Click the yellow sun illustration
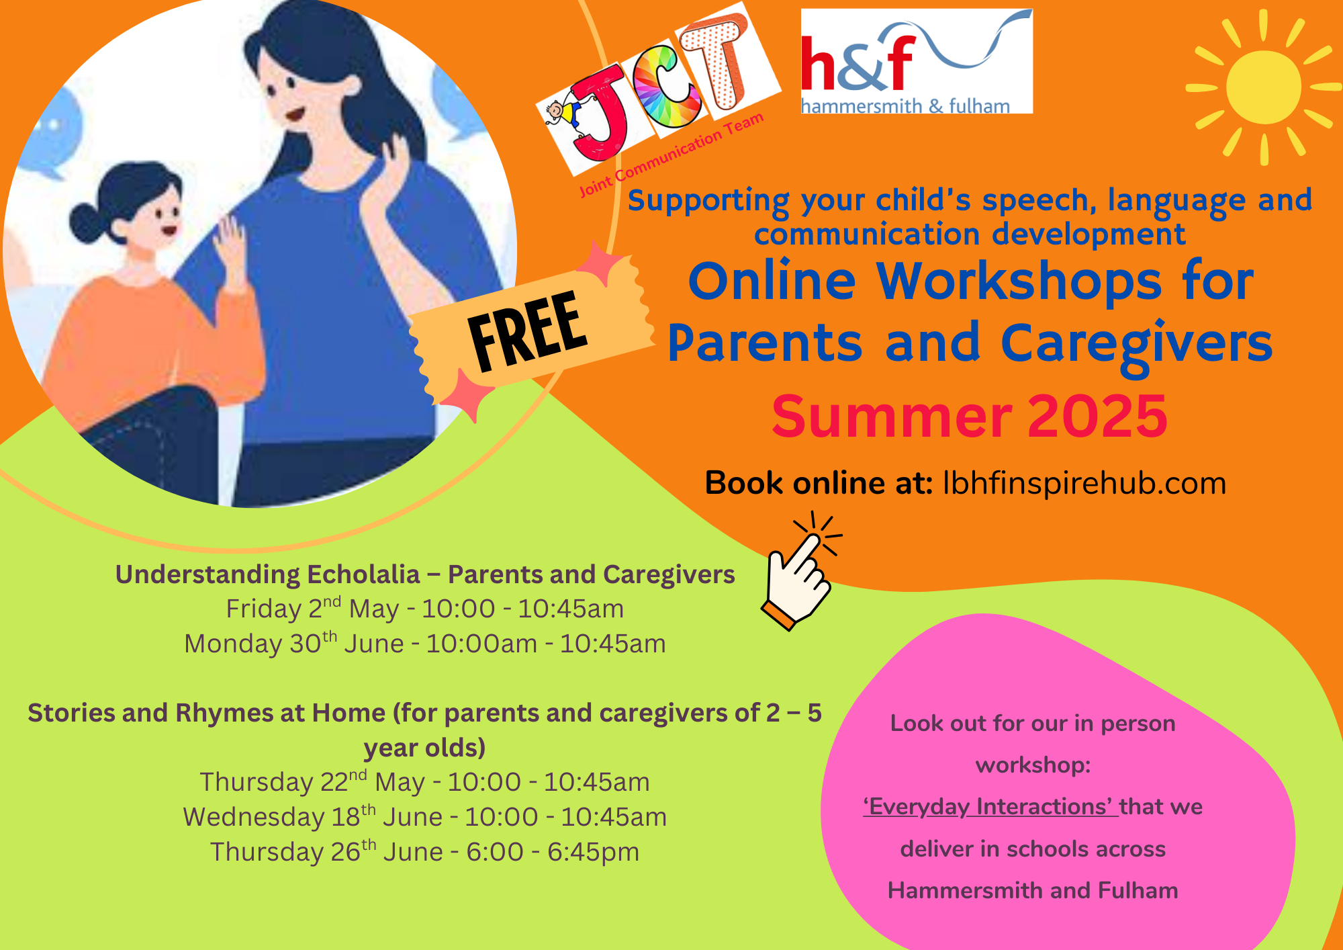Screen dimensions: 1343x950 point(1263,87)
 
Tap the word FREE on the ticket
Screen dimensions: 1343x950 point(528,331)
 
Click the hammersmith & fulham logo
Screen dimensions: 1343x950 point(917,61)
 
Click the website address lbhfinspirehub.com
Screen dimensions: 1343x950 point(1084,483)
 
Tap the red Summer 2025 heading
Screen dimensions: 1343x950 point(970,417)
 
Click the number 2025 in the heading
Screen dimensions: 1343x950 point(1098,417)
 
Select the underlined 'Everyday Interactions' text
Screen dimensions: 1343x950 point(990,806)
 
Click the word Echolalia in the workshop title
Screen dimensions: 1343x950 point(363,574)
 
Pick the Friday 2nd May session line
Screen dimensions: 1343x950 point(424,608)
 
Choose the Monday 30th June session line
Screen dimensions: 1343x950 point(424,643)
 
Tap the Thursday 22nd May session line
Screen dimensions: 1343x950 point(424,781)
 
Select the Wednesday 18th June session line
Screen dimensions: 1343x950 point(424,816)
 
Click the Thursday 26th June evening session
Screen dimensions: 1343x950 point(424,851)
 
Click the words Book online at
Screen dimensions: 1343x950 point(819,483)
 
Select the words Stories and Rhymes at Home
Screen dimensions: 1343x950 point(207,713)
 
